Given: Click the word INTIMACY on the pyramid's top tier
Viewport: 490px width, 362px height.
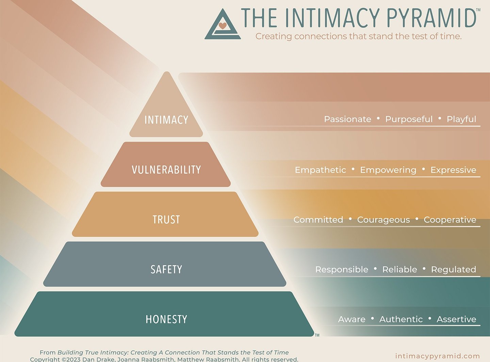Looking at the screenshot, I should click(166, 120).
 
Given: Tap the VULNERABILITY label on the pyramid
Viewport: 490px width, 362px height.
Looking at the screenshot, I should click(166, 170).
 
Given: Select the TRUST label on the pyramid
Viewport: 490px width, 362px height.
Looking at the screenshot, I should click(166, 220).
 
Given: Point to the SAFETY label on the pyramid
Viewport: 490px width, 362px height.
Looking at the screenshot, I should click(166, 270).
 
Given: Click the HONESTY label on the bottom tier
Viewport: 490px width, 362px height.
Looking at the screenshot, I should click(166, 319).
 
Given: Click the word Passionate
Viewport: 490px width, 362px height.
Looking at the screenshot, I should click(347, 119).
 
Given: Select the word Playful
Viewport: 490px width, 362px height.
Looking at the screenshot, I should click(461, 119).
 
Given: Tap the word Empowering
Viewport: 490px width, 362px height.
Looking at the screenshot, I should click(388, 170).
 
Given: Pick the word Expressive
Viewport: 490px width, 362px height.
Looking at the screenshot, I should click(453, 170).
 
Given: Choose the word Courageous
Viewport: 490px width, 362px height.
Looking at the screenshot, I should click(383, 220).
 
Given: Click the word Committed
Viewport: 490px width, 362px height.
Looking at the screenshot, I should click(318, 220).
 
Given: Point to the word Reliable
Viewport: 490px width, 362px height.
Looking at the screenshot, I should click(399, 270).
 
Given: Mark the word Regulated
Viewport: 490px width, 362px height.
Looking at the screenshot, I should click(454, 270).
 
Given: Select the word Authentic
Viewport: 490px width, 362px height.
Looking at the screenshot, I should click(401, 319).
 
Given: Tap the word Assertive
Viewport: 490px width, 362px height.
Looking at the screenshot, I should click(456, 319).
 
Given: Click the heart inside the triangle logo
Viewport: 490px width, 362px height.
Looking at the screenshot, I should click(223, 25).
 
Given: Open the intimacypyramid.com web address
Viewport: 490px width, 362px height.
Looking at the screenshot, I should click(438, 356).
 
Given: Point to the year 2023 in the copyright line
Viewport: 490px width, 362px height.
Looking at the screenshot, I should click(73, 359).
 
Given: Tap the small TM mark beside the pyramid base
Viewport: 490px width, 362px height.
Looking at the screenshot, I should click(317, 335).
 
